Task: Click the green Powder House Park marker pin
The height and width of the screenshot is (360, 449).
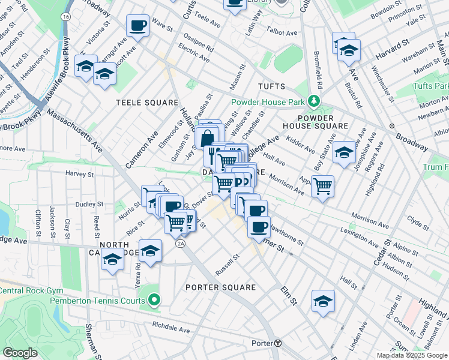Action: tap(312, 101)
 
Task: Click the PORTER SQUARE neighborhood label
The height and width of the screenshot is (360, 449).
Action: tap(220, 287)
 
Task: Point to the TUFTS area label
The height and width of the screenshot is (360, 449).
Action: tap(271, 86)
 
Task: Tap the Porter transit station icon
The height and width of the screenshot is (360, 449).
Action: tap(278, 343)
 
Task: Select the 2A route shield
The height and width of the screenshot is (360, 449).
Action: tap(180, 244)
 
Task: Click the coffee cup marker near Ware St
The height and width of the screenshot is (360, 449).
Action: tap(138, 26)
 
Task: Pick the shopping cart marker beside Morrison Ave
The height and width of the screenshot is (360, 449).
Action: tap(323, 186)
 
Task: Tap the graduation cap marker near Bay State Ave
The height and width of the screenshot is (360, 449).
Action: tap(345, 152)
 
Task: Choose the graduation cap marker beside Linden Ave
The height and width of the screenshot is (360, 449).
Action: tap(323, 301)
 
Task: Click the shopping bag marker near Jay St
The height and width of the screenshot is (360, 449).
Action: tap(206, 137)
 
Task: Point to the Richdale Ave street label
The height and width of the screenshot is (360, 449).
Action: tap(171, 329)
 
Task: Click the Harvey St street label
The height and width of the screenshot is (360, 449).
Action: tap(77, 174)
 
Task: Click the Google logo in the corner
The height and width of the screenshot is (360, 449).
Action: tap(20, 353)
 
